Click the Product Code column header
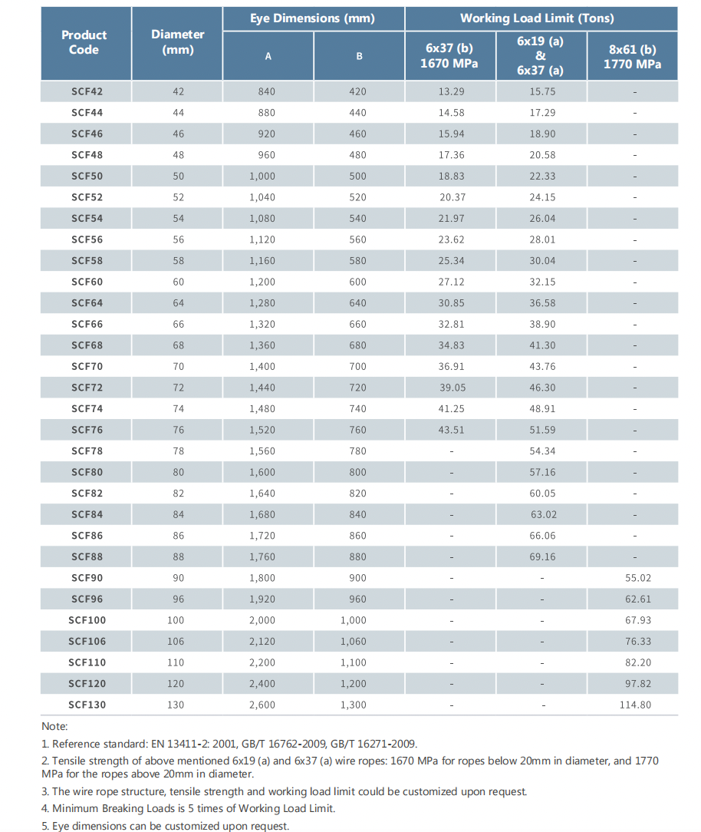point(84,42)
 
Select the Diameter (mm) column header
point(178,42)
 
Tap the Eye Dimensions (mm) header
point(312,18)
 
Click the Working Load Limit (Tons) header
point(537,18)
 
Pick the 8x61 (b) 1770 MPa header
point(632,57)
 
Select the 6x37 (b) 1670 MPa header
point(449,56)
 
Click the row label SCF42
point(87,91)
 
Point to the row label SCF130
point(87,705)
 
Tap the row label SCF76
point(87,430)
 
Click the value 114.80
point(635,705)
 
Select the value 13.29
point(451,91)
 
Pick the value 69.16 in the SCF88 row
point(542,556)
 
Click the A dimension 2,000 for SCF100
point(262,620)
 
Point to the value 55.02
point(638,578)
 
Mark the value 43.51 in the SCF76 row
point(451,430)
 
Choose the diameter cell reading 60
point(178,282)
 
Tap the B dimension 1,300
point(353,705)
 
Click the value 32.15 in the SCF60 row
point(542,282)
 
